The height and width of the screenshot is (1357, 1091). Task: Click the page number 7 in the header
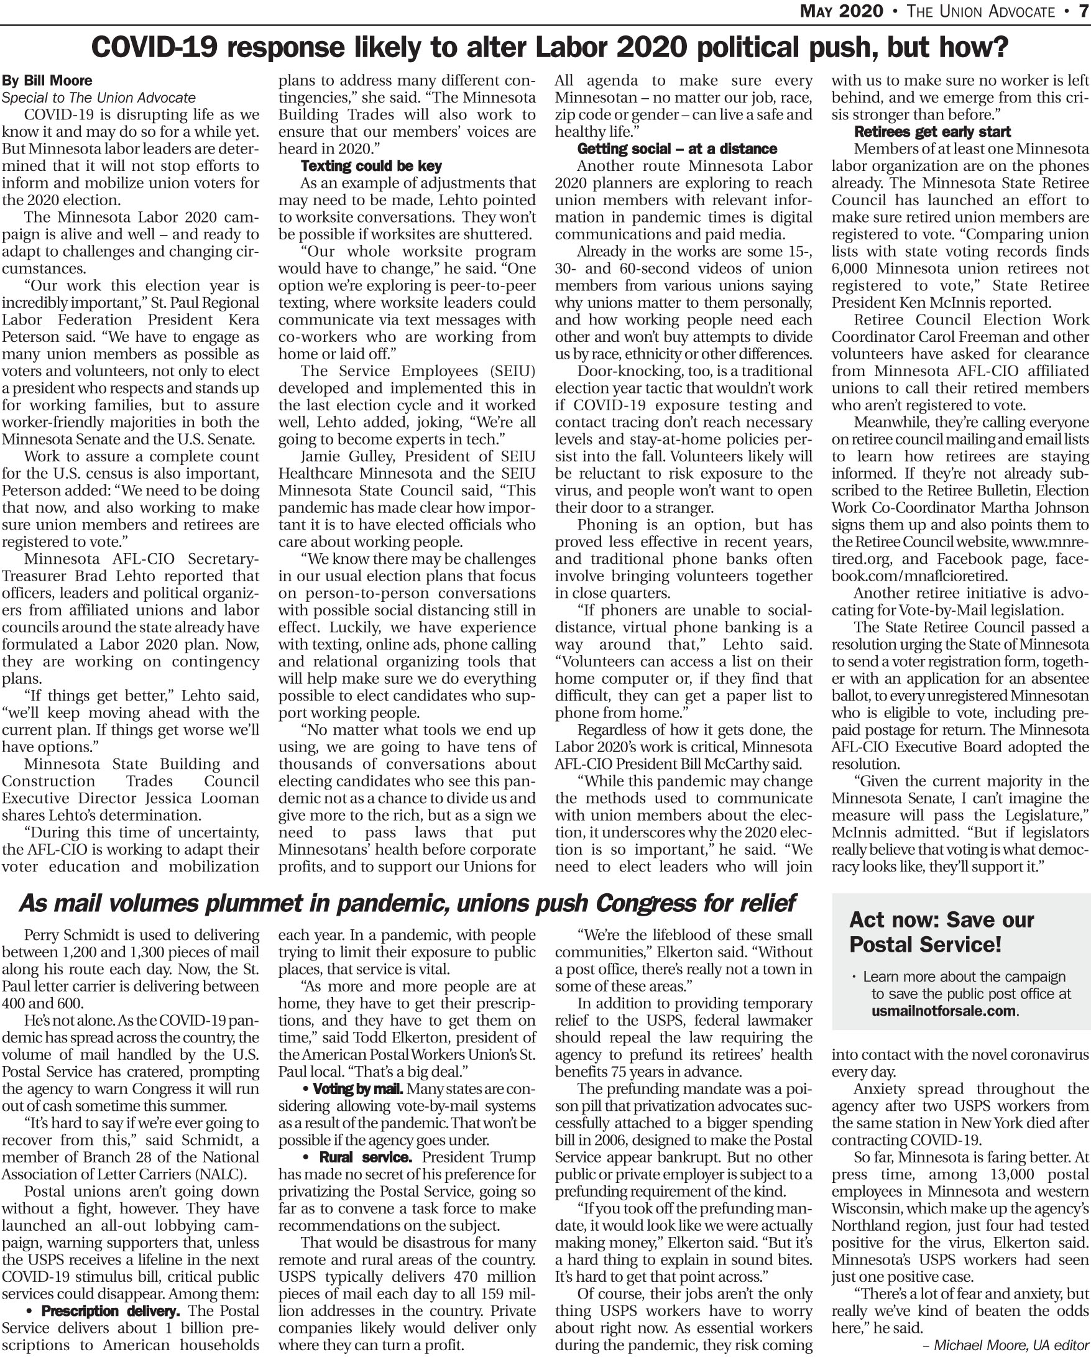[x=1084, y=11]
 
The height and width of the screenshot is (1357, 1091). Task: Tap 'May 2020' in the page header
[x=841, y=11]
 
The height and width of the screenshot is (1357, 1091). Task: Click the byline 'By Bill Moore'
[x=47, y=81]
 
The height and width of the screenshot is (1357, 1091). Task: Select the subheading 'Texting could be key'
[x=371, y=166]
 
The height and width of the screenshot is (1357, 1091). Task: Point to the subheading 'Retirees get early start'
[x=932, y=132]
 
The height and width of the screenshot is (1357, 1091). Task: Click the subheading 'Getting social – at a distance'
[x=677, y=149]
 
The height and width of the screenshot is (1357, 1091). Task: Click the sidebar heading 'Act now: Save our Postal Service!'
[x=941, y=932]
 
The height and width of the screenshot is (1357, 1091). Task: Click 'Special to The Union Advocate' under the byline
[x=99, y=98]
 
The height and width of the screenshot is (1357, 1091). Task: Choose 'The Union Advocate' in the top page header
[x=981, y=11]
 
